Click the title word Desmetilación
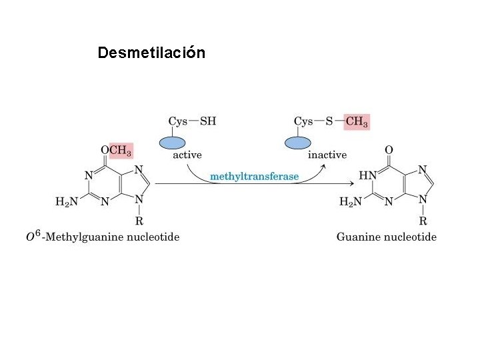click(151, 52)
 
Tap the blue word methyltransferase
click(255, 177)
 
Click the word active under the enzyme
click(187, 155)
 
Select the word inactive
click(327, 155)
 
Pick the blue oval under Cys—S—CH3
click(298, 143)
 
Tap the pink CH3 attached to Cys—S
click(357, 122)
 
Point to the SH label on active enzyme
click(208, 121)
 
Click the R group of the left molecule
click(139, 220)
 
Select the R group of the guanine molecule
click(423, 220)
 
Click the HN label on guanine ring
click(368, 175)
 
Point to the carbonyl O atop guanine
click(389, 150)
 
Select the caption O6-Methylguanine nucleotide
click(103, 237)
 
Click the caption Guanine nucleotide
click(387, 237)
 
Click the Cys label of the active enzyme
click(177, 121)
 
